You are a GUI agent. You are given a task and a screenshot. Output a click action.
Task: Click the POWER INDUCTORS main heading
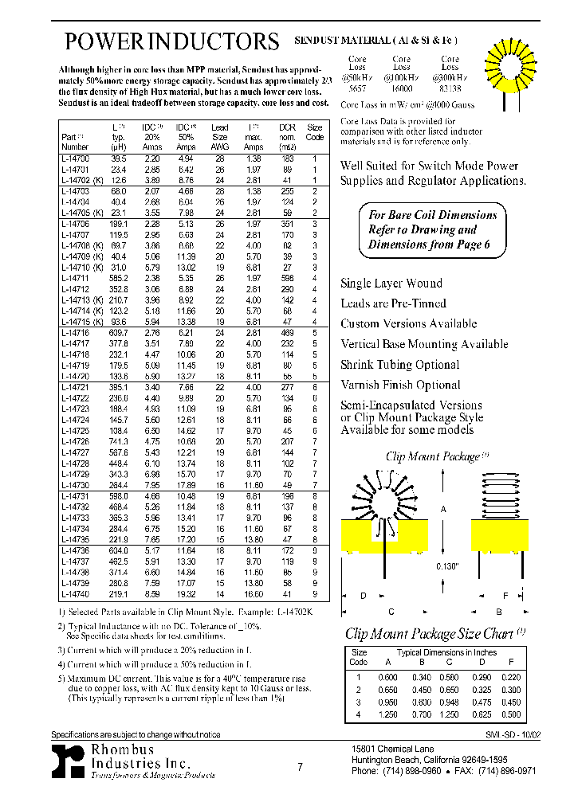click(171, 41)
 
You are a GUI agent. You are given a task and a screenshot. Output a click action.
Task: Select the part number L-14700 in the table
click(76, 159)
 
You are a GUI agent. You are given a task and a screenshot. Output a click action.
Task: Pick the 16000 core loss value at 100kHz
click(402, 90)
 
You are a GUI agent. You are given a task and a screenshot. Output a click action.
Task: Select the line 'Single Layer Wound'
click(391, 284)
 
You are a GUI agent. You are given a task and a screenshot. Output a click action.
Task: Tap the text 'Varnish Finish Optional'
click(400, 385)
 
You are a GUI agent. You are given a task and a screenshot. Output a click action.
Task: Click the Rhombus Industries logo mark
click(68, 761)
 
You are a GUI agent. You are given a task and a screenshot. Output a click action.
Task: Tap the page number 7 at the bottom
click(300, 767)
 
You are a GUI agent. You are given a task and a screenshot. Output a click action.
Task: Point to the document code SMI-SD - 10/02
click(513, 734)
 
